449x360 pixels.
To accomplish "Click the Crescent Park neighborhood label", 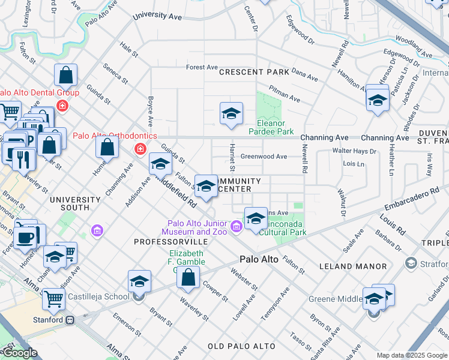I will tap(250, 72).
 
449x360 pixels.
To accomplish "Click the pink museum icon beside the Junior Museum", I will tap(237, 226).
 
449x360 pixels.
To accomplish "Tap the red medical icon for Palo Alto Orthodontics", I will tap(140, 148).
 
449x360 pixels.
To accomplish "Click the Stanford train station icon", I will tap(70, 320).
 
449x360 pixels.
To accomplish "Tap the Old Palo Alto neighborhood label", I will tap(241, 346).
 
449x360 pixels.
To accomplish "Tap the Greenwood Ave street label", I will tap(264, 157).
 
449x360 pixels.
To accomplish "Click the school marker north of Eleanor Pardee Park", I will tap(231, 113).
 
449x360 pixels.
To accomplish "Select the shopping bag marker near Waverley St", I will tap(188, 277).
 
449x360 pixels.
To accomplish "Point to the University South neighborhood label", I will tap(75, 203).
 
